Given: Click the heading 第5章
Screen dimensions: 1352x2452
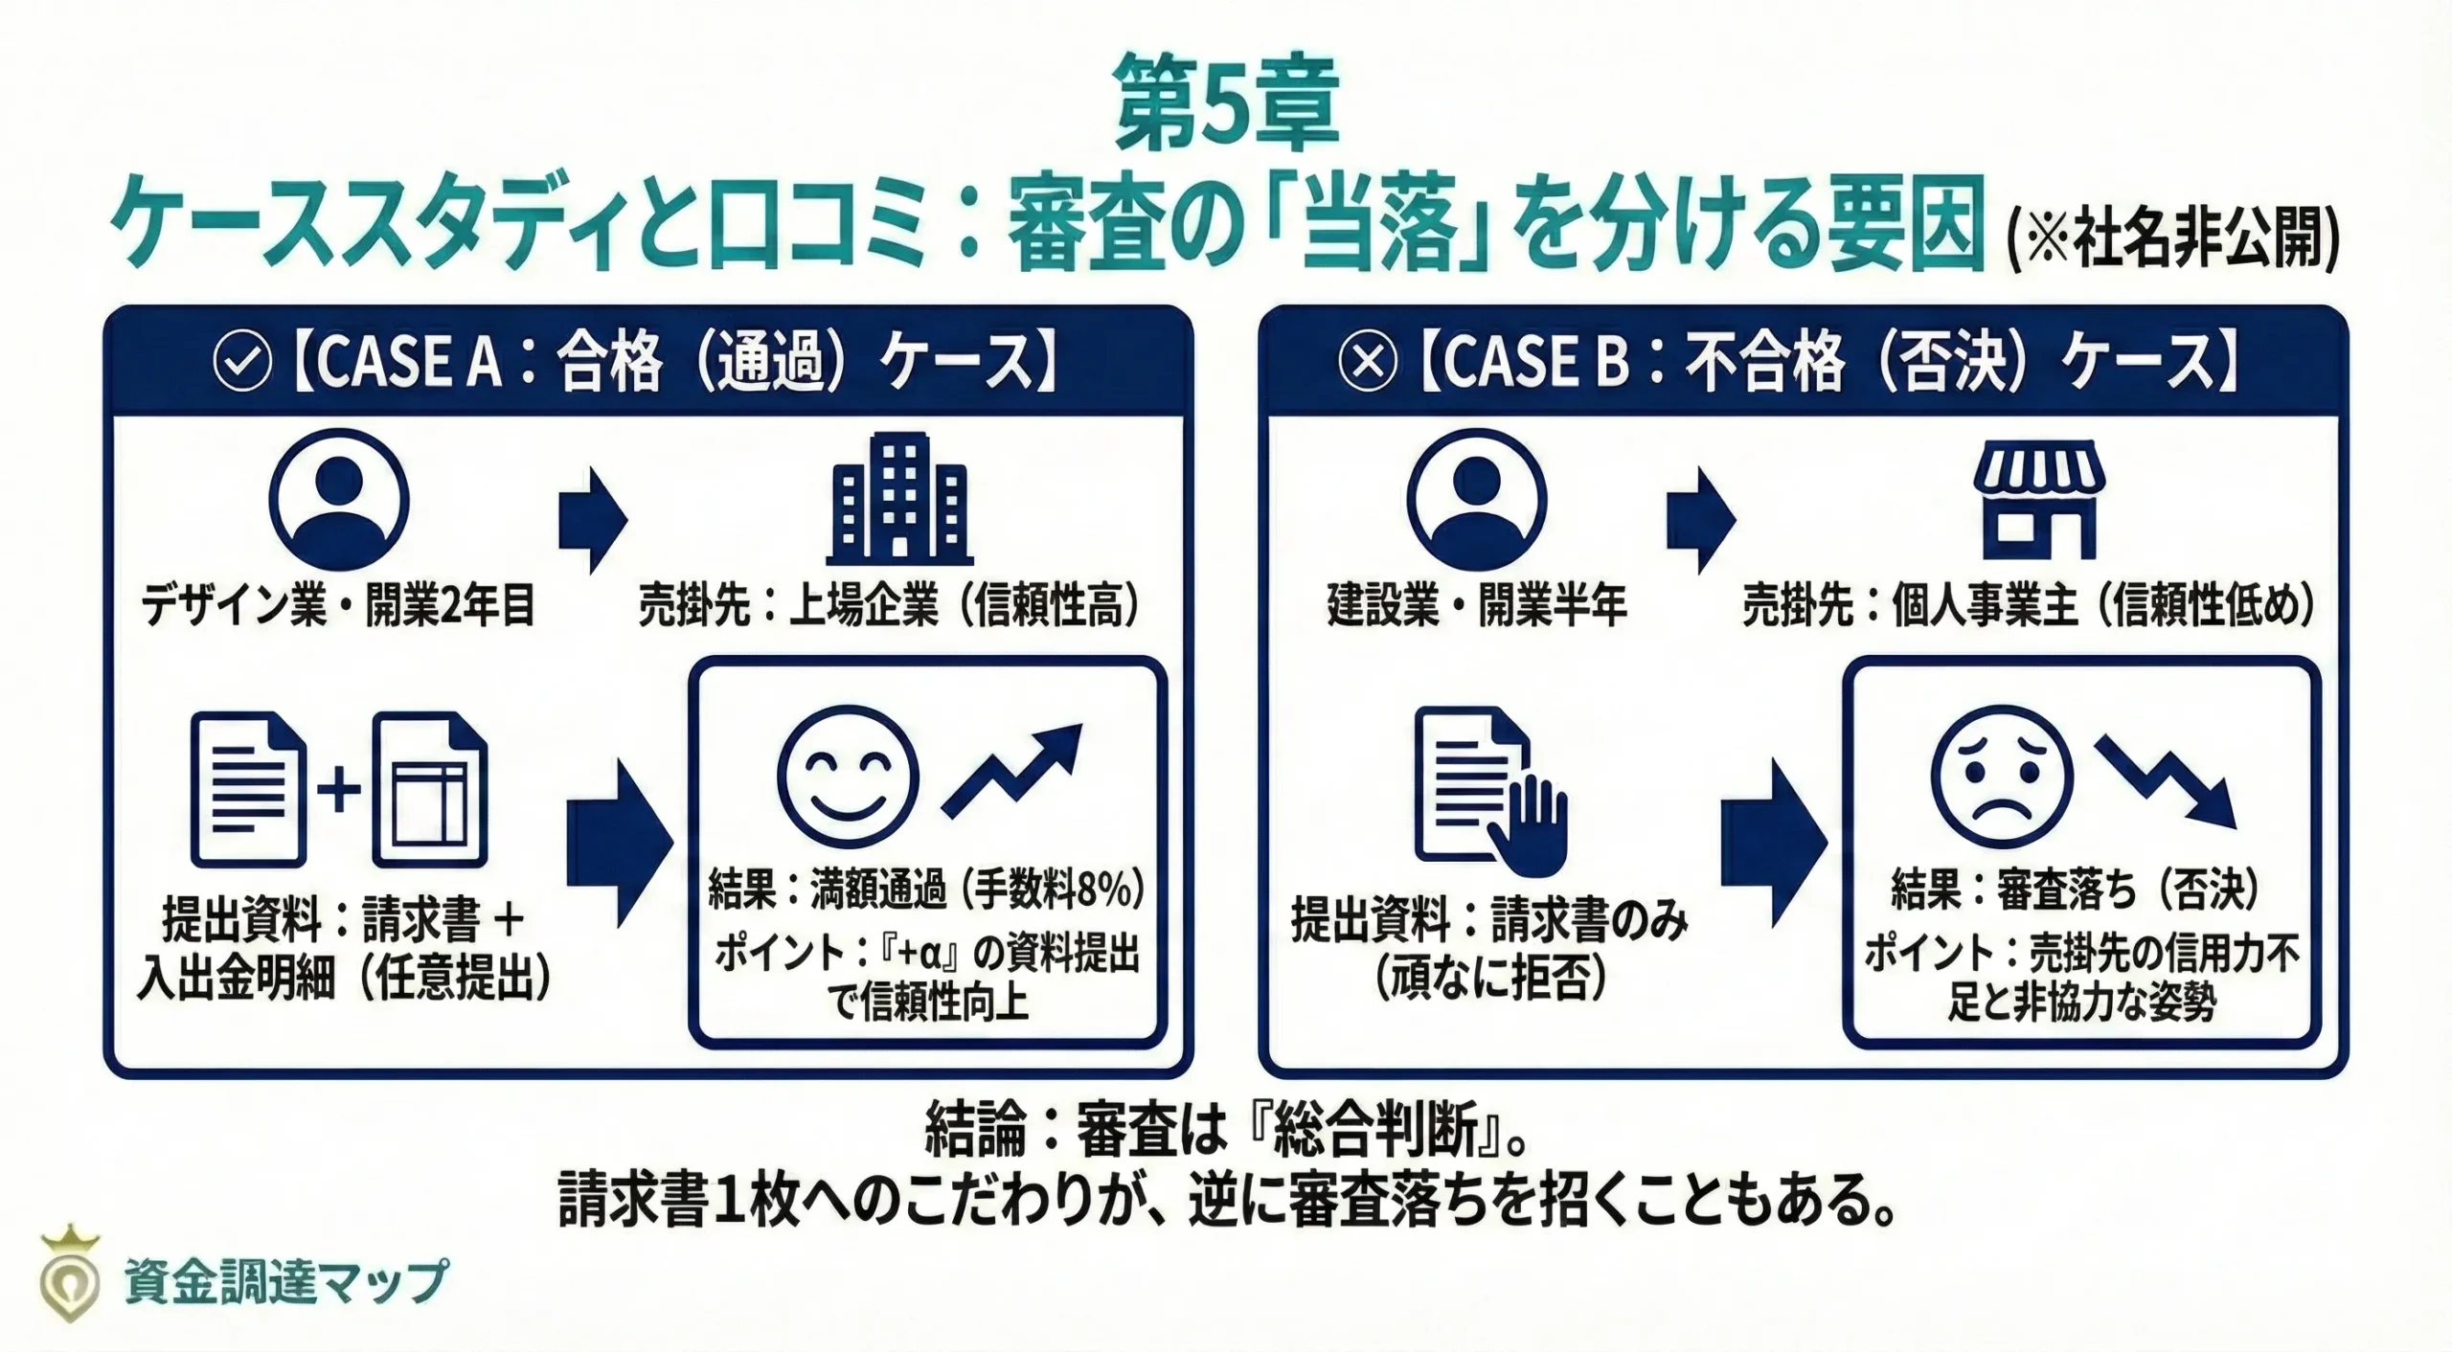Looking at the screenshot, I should tap(1226, 103).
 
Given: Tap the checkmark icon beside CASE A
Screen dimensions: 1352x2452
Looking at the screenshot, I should tap(242, 363).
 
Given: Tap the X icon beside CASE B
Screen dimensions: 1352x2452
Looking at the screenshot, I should tap(1367, 363).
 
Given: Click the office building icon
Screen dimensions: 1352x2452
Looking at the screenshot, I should tap(899, 500).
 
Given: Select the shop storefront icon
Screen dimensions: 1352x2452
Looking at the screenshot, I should tap(2040, 500).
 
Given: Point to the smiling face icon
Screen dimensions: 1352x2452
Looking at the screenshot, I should tap(848, 777).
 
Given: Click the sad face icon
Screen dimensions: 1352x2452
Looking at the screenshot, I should tap(2002, 777).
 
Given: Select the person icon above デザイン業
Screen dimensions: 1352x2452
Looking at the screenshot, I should tap(339, 500).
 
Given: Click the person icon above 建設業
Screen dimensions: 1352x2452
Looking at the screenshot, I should tap(1476, 500).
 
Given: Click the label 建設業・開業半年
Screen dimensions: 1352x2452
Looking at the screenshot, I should tap(1476, 605).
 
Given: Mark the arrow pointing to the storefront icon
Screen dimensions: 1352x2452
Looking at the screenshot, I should tap(1700, 521).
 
